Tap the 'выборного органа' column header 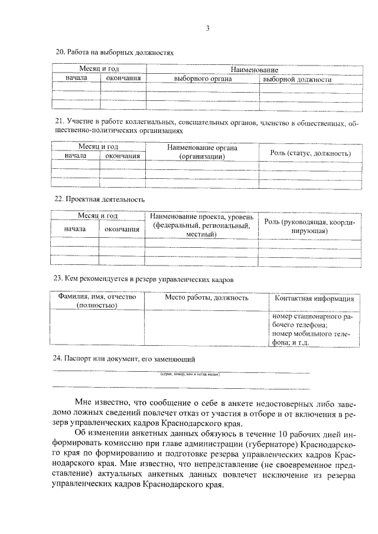pyautogui.click(x=203, y=79)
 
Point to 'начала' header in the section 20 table pyautogui.click(x=77, y=78)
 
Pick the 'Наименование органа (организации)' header pyautogui.click(x=202, y=152)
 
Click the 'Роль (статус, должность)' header pyautogui.click(x=311, y=153)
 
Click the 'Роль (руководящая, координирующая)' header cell pyautogui.click(x=309, y=226)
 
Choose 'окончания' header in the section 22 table pyautogui.click(x=122, y=229)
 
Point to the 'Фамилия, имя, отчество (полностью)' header pyautogui.click(x=96, y=301)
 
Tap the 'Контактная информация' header pyautogui.click(x=314, y=298)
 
